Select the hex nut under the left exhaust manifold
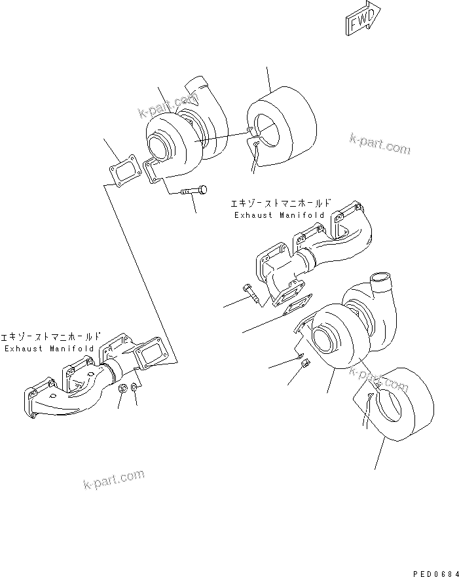(x=122, y=390)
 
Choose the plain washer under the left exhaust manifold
(x=135, y=389)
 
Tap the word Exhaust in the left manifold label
(x=24, y=349)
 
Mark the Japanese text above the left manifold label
(x=49, y=336)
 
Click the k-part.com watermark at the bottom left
(x=115, y=480)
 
